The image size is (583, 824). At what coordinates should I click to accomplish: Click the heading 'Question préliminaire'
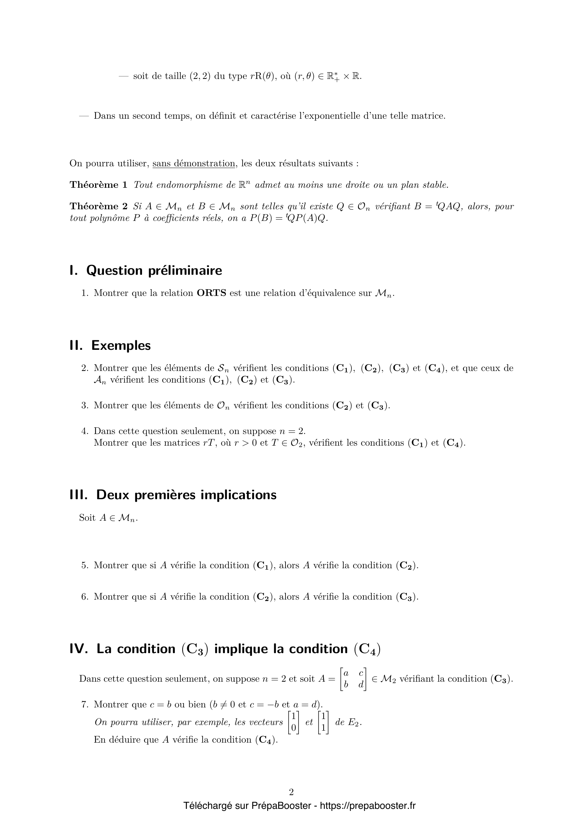pyautogui.click(x=154, y=271)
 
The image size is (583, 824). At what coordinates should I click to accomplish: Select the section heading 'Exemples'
pyautogui.click(x=121, y=346)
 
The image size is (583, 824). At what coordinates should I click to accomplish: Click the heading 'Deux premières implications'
pyautogui.click(x=186, y=495)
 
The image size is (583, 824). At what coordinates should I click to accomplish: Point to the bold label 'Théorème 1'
pyautogui.click(x=98, y=185)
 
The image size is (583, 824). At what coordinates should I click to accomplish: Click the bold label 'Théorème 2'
pyautogui.click(x=98, y=206)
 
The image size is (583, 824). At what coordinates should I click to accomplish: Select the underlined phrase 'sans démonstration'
pyautogui.click(x=194, y=164)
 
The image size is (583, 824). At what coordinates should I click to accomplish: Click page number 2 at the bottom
pyautogui.click(x=291, y=792)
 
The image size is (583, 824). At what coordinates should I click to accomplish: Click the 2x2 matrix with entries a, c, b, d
pyautogui.click(x=353, y=679)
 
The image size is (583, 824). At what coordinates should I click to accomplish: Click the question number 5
pyautogui.click(x=85, y=566)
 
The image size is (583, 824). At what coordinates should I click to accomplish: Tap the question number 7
pyautogui.click(x=85, y=705)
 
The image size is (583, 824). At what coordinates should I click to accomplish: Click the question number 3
pyautogui.click(x=85, y=405)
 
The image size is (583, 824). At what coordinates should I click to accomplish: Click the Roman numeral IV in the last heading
pyautogui.click(x=79, y=649)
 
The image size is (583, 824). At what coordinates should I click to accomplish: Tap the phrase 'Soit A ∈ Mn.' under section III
pyautogui.click(x=109, y=518)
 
